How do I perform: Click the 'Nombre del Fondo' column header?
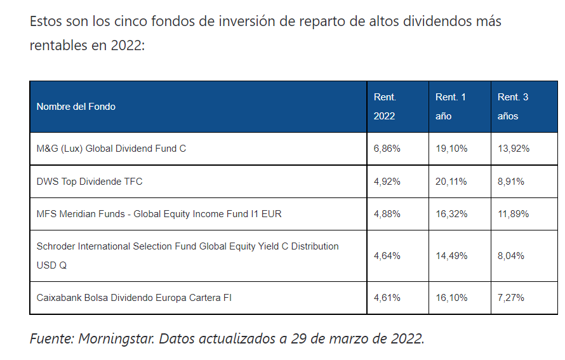click(76, 107)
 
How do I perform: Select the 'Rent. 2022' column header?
click(385, 107)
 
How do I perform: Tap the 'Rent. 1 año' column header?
click(450, 107)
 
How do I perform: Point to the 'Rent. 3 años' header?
click(513, 107)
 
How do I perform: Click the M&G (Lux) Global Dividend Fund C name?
click(111, 149)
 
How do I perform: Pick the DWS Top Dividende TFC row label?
click(90, 182)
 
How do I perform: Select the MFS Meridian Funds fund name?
click(159, 214)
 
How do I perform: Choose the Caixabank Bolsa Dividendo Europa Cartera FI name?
click(134, 297)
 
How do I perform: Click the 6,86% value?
click(387, 149)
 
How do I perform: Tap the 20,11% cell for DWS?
click(451, 182)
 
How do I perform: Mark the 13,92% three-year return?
click(514, 149)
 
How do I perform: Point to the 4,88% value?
click(387, 214)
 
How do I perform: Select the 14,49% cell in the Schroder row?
click(451, 256)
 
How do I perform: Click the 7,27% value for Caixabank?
click(511, 297)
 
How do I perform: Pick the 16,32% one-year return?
click(451, 214)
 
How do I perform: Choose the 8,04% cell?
click(511, 256)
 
